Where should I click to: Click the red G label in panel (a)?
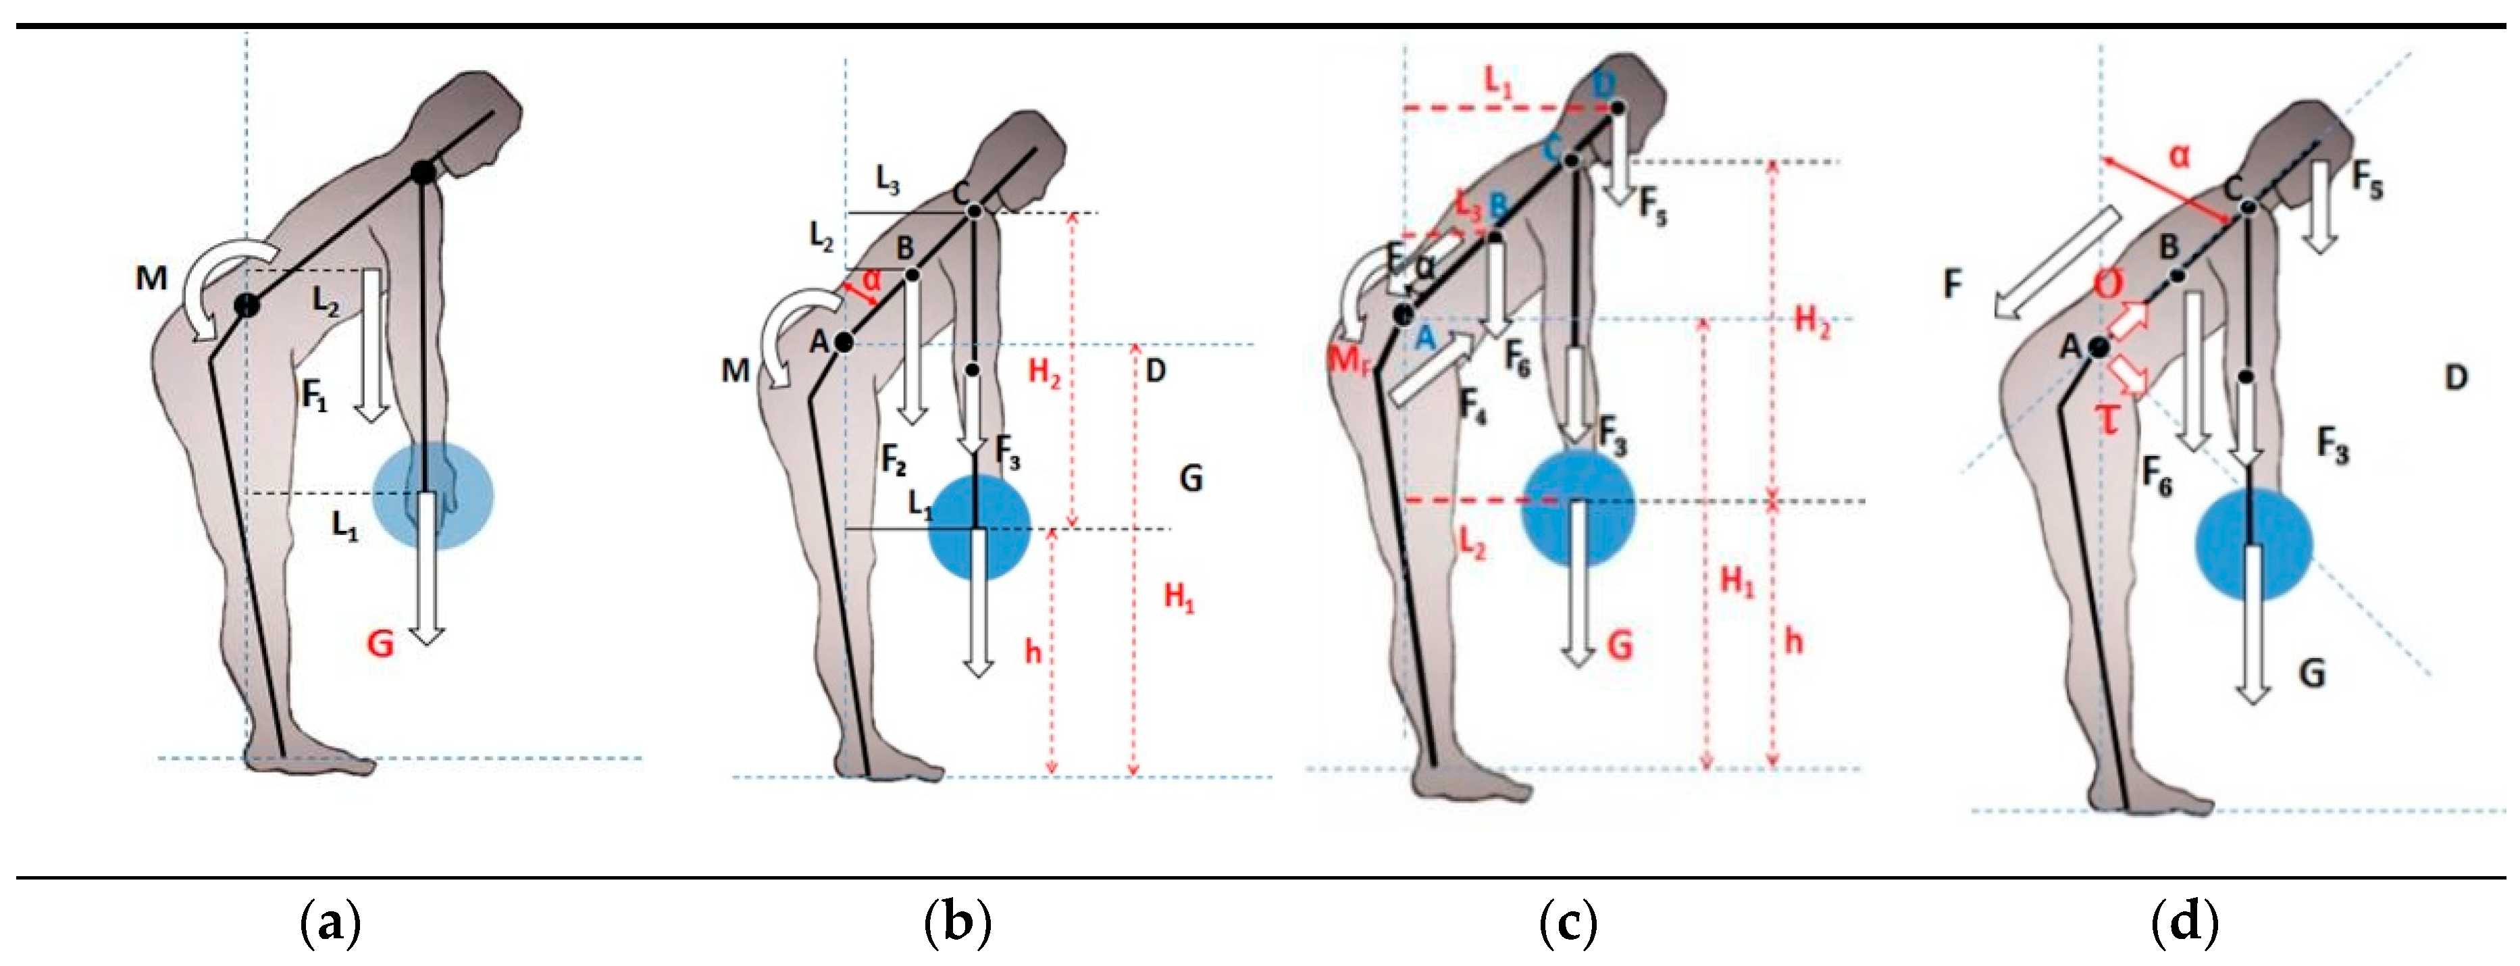[x=380, y=644]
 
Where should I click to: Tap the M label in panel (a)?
[x=151, y=279]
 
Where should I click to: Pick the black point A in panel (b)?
[x=843, y=342]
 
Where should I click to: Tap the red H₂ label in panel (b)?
[x=1044, y=373]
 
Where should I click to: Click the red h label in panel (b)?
[x=1033, y=652]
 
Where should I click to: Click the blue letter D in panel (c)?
[x=1603, y=85]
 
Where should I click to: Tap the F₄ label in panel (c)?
[x=1473, y=403]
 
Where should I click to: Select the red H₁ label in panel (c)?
[x=1737, y=582]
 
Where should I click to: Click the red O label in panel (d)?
[x=2108, y=285]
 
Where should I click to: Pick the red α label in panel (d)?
[x=2180, y=155]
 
